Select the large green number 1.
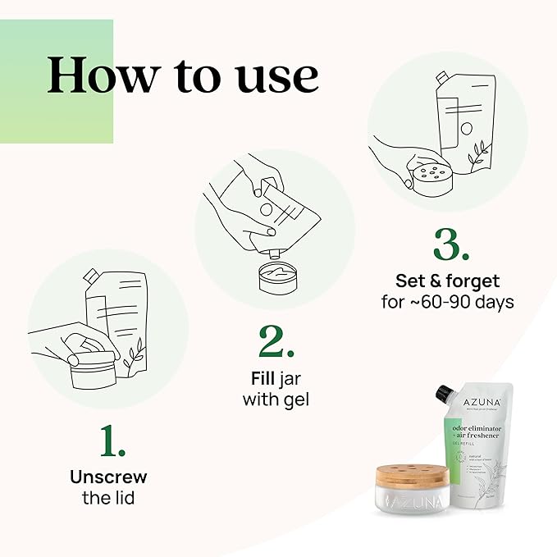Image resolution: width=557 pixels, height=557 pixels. [x=112, y=441]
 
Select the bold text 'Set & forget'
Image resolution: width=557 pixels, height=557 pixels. [x=447, y=281]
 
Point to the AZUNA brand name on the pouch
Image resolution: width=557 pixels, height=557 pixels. [x=480, y=401]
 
